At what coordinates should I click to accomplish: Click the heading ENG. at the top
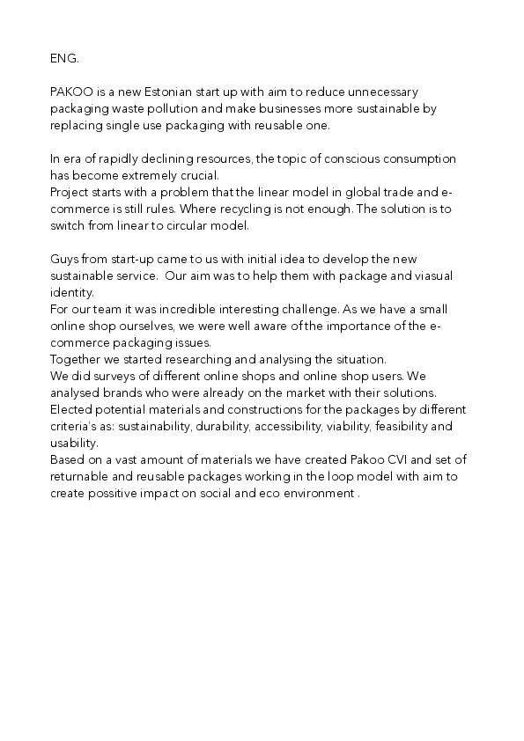click(x=64, y=58)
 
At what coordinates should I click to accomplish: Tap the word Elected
click(x=72, y=411)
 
